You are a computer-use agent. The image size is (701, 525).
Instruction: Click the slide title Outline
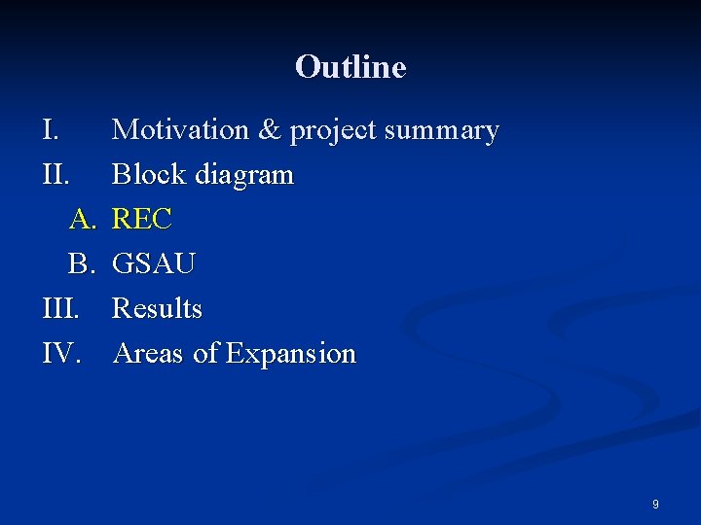(x=350, y=67)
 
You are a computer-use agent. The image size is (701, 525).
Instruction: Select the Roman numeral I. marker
(x=53, y=129)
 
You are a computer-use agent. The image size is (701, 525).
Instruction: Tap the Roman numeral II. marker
(x=56, y=174)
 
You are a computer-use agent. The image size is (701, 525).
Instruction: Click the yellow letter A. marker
(x=83, y=219)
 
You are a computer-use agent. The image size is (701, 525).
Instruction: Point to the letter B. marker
(x=83, y=263)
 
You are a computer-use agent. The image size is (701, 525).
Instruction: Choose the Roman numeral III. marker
(x=61, y=308)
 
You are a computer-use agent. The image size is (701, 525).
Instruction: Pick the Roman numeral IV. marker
(x=61, y=353)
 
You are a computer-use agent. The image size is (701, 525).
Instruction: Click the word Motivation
(x=181, y=129)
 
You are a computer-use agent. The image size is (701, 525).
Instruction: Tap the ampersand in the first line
(x=269, y=129)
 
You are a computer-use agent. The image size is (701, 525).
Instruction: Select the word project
(x=330, y=131)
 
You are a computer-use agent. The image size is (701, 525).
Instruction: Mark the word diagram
(x=243, y=176)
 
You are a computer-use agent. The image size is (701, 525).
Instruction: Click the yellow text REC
(x=142, y=219)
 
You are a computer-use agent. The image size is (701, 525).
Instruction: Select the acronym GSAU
(x=154, y=263)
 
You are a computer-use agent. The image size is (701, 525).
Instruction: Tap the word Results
(x=157, y=308)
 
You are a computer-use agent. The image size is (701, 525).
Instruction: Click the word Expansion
(x=291, y=354)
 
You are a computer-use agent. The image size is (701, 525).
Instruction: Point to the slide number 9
(x=655, y=505)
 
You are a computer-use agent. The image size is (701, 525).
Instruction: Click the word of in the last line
(x=205, y=353)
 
